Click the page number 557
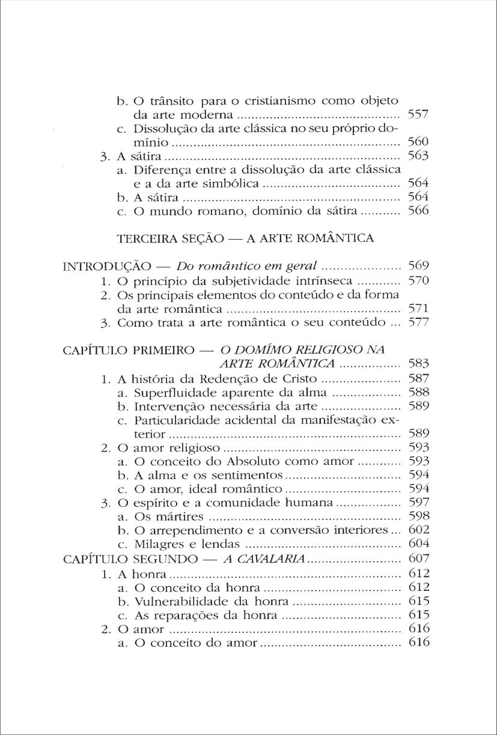coord(417,114)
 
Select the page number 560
coord(417,142)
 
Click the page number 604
coord(417,545)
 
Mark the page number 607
coord(417,559)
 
